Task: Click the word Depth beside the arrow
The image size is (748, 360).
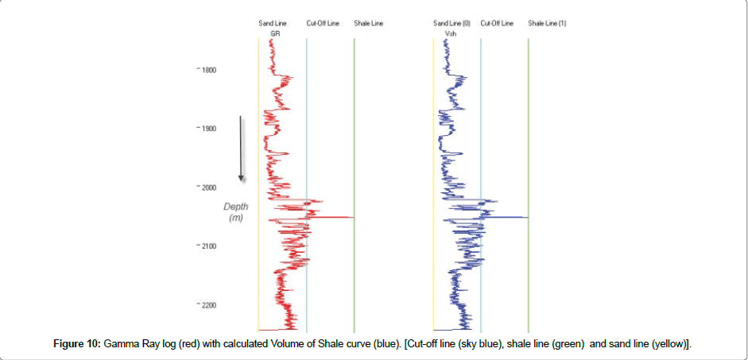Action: click(236, 207)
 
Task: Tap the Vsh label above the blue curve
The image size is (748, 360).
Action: click(450, 34)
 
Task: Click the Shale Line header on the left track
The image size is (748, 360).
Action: click(368, 24)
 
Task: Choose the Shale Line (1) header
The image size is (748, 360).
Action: click(547, 24)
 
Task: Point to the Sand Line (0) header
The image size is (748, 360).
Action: click(452, 24)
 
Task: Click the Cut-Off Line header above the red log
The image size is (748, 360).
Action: click(323, 24)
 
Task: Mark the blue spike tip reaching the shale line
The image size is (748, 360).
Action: click(527, 217)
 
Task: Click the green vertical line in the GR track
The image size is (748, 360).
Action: click(355, 119)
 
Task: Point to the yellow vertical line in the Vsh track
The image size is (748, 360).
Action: click(433, 119)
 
